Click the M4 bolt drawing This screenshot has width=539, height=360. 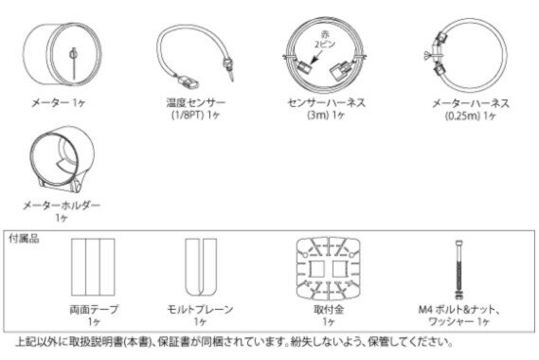tap(458, 269)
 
